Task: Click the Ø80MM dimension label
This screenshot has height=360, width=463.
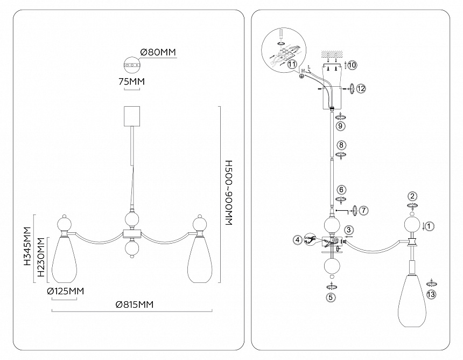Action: (x=158, y=52)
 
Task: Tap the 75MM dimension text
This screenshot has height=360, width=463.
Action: (x=131, y=81)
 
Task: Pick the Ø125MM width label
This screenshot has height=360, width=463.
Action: (x=66, y=292)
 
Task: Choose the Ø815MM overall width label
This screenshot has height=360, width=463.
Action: (x=135, y=305)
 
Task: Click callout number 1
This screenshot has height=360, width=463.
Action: (x=430, y=226)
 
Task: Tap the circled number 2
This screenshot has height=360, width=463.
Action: (x=412, y=196)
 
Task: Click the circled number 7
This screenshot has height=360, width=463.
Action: (x=364, y=210)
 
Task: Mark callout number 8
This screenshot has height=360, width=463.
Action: (x=340, y=145)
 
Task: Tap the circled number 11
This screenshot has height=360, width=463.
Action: (x=292, y=64)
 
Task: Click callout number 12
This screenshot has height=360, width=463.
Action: (x=361, y=87)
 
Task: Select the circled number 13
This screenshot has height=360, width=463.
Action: (x=431, y=295)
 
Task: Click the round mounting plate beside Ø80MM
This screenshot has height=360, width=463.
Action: (x=131, y=65)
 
